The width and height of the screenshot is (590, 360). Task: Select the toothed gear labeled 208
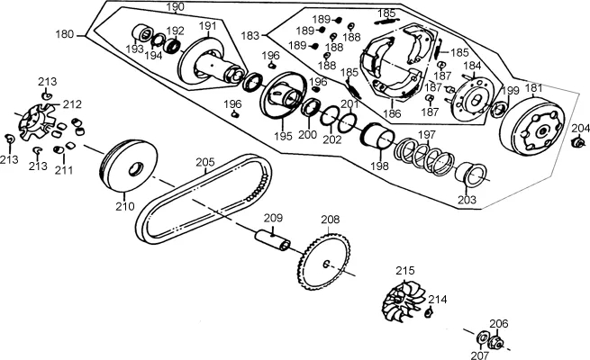(x=324, y=262)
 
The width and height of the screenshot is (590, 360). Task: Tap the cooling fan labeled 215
(x=403, y=301)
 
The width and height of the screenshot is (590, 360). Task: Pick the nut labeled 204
(x=578, y=142)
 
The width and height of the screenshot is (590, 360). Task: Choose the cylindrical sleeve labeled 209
(x=272, y=240)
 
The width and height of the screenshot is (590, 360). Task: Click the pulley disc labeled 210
(x=129, y=166)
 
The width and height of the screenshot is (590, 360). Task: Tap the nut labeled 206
(x=495, y=342)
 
